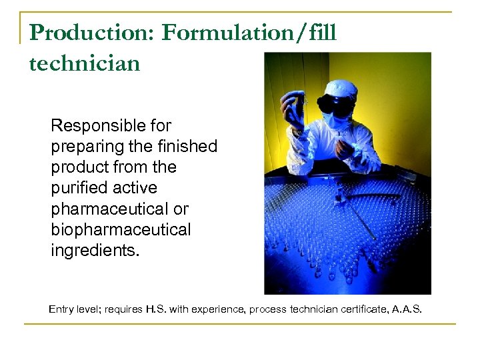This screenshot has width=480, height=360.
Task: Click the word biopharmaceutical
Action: pyautogui.click(x=121, y=230)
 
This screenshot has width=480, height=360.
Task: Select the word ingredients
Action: pyautogui.click(x=92, y=251)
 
